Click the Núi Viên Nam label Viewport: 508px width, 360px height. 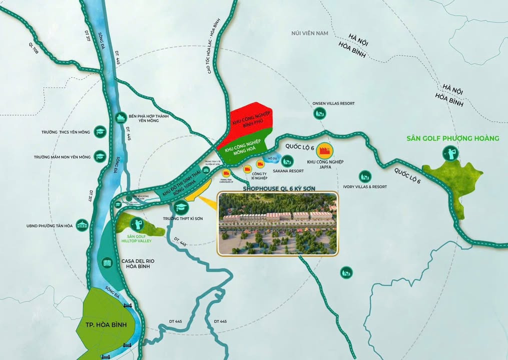pyautogui.click(x=309, y=33)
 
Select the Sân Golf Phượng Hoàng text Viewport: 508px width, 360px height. pyautogui.click(x=453, y=138)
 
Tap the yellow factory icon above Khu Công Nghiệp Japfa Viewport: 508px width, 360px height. pyautogui.click(x=326, y=150)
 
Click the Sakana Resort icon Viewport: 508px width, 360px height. pyautogui.click(x=287, y=161)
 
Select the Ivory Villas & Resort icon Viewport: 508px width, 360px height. pyautogui.click(x=365, y=176)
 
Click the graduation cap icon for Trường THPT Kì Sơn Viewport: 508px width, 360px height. pyautogui.click(x=180, y=207)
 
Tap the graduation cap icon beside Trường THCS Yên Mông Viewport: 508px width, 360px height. pyautogui.click(x=100, y=132)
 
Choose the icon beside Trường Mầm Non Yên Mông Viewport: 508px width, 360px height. pyautogui.click(x=100, y=156)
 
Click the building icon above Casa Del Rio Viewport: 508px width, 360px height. pyautogui.click(x=107, y=263)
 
